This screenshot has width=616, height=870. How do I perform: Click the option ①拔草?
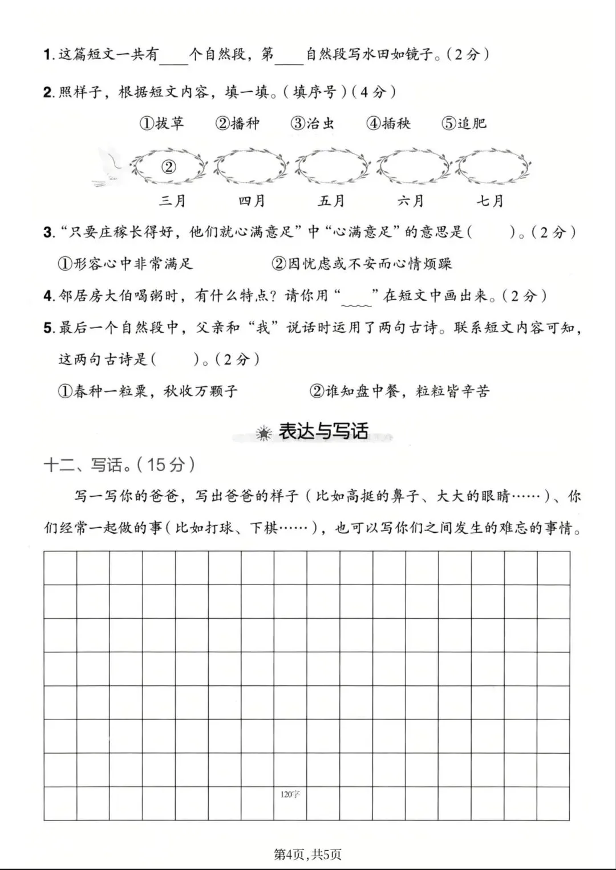162,123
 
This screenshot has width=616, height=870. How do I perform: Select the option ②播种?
237,123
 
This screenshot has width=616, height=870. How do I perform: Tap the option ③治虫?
313,123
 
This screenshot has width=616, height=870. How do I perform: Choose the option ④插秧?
388,123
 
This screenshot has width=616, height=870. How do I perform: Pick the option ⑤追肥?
464,123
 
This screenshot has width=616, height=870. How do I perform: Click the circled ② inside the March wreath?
169,166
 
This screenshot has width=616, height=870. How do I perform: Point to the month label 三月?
172,201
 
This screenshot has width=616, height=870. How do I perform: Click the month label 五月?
331,201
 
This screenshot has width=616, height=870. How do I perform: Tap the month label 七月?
490,201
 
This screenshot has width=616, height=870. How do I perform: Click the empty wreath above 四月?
251,166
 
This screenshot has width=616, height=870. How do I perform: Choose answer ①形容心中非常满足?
125,264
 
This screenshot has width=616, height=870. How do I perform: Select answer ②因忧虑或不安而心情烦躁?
362,264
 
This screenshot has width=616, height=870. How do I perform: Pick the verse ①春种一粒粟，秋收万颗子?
148,391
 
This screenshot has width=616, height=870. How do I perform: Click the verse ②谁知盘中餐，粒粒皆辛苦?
399,391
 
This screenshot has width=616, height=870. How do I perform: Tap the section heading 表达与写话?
323,431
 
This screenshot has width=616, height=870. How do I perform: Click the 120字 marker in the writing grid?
290,795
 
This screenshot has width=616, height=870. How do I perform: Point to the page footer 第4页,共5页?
307,854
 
